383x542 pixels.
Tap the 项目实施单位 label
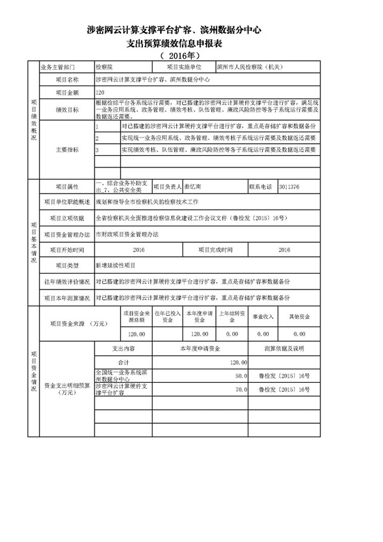coord(184,66)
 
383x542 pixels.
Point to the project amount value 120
coord(100,93)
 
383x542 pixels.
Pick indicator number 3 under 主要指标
coord(98,150)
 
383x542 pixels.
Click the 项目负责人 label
coord(165,187)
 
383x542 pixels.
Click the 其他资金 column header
coord(299,317)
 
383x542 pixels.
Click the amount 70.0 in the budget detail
coord(240,389)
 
